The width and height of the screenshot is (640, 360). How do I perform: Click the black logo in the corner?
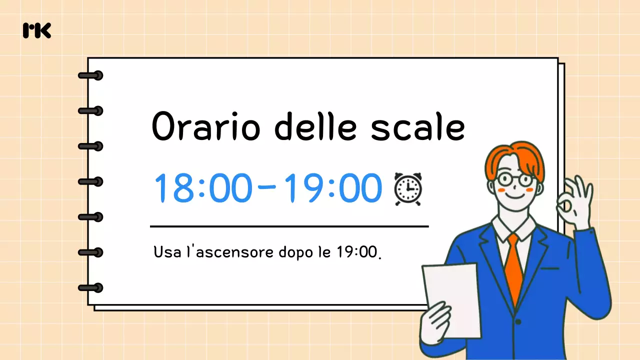[x=37, y=30]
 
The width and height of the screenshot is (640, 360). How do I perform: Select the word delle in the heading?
[x=315, y=126]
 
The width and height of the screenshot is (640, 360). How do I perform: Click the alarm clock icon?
[x=408, y=189]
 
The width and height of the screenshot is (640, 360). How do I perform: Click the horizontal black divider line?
[x=289, y=226]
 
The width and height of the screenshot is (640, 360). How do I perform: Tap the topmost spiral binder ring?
[x=91, y=75]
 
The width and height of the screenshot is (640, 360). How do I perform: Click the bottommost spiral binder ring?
[x=91, y=287]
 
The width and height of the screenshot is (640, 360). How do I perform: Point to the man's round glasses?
[x=513, y=179]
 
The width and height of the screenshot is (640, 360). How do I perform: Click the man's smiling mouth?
[x=514, y=196]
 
